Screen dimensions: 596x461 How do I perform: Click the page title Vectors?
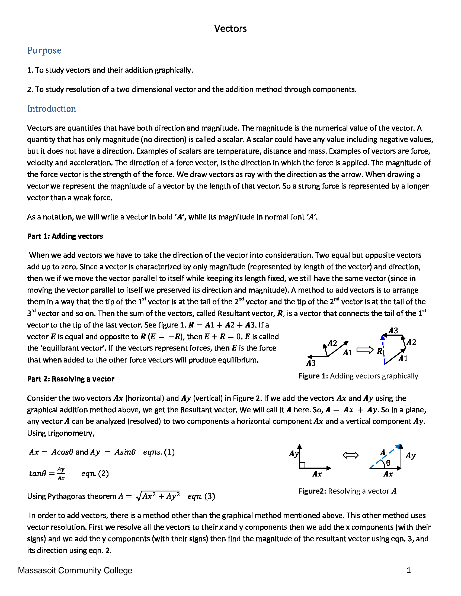(230, 29)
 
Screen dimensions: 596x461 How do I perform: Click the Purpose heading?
(44, 50)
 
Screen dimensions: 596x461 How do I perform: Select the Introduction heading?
(51, 109)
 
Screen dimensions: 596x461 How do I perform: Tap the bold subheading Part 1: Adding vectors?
(65, 236)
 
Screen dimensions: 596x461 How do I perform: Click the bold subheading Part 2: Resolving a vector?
(71, 379)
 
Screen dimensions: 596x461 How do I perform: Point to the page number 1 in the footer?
(409, 570)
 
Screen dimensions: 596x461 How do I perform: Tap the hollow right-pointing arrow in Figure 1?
(365, 350)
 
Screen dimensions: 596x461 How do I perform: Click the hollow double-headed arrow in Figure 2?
(350, 455)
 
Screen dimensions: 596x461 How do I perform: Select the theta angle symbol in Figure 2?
(388, 463)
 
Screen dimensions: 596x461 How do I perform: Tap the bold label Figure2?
(312, 491)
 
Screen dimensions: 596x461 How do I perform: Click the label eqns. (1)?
(159, 452)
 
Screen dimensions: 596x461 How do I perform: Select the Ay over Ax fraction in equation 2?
(61, 474)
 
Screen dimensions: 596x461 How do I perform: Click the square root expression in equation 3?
(158, 495)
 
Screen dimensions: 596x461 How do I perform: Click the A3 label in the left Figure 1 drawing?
(311, 363)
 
